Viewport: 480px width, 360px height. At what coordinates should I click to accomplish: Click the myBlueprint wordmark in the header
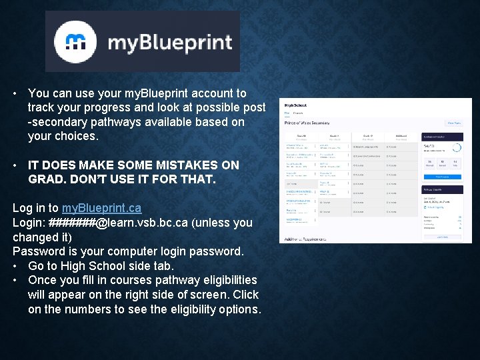pos(169,43)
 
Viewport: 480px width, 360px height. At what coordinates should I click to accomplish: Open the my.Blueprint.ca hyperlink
pos(101,208)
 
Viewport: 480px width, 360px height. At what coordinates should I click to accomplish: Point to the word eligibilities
pos(223,280)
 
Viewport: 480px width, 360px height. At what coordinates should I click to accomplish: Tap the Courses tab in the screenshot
pos(298,113)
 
